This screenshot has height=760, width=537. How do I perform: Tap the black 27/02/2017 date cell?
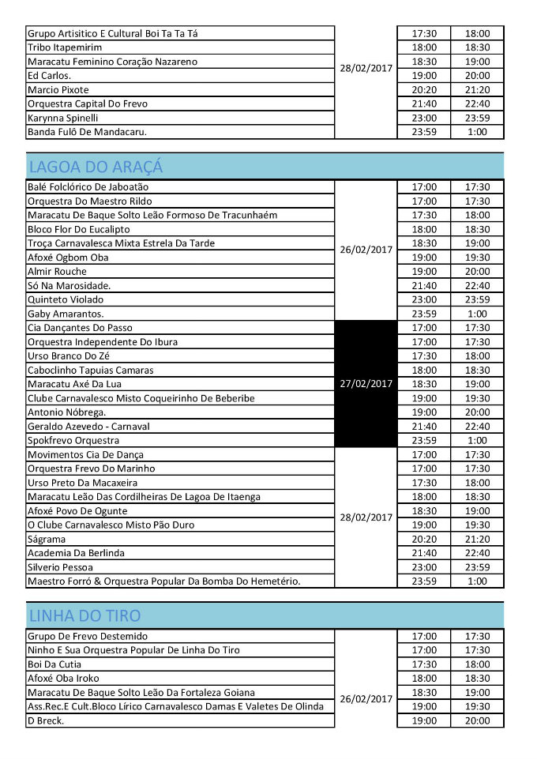pyautogui.click(x=366, y=384)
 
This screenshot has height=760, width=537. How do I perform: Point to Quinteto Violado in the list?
pyautogui.click(x=65, y=299)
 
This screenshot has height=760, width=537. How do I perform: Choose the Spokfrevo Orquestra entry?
pyautogui.click(x=73, y=440)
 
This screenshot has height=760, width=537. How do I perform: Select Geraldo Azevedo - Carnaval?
pyautogui.click(x=88, y=426)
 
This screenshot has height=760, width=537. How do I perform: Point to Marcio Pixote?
pyautogui.click(x=58, y=89)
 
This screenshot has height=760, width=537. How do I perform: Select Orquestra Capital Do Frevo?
pyautogui.click(x=87, y=103)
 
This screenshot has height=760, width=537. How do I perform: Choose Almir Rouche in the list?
pyautogui.click(x=58, y=271)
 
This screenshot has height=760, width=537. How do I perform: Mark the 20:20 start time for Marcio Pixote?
pyautogui.click(x=424, y=89)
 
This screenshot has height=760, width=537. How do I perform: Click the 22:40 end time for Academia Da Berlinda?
pyautogui.click(x=477, y=553)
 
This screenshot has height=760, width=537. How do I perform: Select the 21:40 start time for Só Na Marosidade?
pyautogui.click(x=424, y=285)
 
